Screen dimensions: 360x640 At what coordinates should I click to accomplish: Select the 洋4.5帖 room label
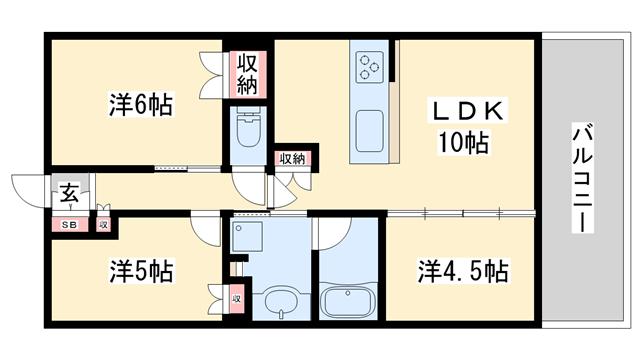tap(462, 270)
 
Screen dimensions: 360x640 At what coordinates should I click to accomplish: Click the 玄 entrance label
tap(68, 194)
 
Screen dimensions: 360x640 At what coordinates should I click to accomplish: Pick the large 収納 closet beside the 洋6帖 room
tap(248, 73)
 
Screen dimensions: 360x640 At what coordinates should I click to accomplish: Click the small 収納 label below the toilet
tap(291, 158)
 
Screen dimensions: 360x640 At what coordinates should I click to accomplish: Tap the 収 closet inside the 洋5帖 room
tap(237, 297)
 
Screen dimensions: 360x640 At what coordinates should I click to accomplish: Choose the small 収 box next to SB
tap(102, 225)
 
